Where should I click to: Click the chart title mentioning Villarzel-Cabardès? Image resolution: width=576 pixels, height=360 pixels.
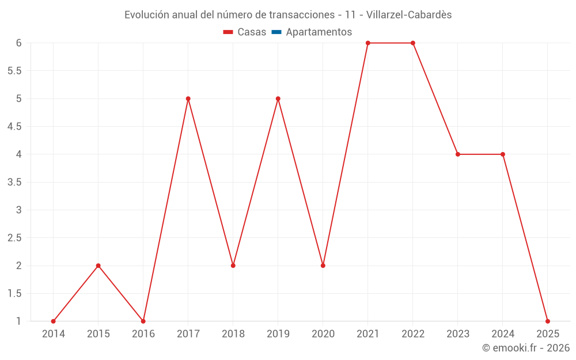[288, 14]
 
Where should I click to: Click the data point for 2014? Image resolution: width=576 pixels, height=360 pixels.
[54, 321]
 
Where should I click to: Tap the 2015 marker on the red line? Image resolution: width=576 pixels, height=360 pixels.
[98, 266]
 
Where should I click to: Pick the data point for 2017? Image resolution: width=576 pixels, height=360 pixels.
[188, 98]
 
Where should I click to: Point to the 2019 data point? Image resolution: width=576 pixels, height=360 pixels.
[278, 98]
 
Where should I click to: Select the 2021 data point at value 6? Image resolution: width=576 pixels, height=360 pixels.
[368, 43]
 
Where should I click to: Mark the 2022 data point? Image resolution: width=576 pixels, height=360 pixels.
[413, 43]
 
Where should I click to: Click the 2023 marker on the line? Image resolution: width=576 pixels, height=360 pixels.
[458, 154]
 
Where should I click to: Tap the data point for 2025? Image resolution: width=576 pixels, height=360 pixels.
[548, 321]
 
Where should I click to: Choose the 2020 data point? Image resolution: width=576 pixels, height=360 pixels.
[323, 266]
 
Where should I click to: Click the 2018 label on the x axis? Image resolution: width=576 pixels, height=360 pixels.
[233, 334]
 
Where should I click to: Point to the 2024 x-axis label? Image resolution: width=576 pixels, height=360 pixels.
[503, 334]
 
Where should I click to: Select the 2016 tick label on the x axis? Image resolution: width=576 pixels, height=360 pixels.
[143, 334]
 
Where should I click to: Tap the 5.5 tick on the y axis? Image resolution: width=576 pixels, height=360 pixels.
[14, 71]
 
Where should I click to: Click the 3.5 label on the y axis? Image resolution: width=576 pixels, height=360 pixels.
[14, 182]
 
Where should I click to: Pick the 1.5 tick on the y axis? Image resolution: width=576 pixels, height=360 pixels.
[14, 294]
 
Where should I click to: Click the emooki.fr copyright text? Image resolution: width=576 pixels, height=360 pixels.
[526, 348]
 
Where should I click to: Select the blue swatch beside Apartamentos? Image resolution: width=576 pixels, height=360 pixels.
[276, 32]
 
